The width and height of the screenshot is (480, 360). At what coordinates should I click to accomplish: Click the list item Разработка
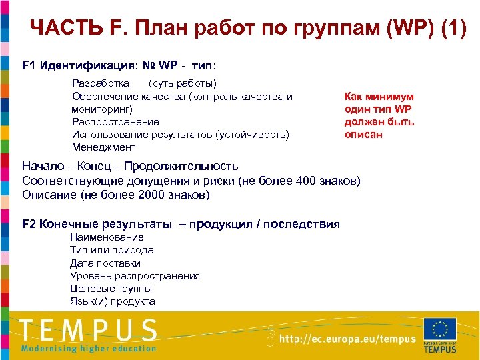pyautogui.click(x=101, y=83)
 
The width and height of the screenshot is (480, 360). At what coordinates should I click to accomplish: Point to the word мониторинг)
pyautogui.click(x=102, y=109)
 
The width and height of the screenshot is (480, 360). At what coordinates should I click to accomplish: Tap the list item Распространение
pyautogui.click(x=115, y=121)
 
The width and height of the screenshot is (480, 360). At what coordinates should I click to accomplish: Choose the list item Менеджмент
pyautogui.click(x=103, y=147)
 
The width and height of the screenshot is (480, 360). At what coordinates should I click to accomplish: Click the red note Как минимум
pyautogui.click(x=379, y=97)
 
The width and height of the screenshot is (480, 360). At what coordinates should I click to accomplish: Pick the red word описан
pyautogui.click(x=363, y=134)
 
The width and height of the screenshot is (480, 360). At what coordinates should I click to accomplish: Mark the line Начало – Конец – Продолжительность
pyautogui.click(x=130, y=167)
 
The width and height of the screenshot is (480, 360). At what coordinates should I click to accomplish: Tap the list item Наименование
pyautogui.click(x=107, y=237)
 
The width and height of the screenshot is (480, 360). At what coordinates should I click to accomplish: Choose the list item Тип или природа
pyautogui.click(x=111, y=250)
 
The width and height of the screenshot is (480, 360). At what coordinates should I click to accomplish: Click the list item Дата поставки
pyautogui.click(x=105, y=263)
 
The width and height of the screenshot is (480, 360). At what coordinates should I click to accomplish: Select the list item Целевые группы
pyautogui.click(x=111, y=288)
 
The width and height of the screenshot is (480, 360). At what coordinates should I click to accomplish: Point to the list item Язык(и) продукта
pyautogui.click(x=112, y=301)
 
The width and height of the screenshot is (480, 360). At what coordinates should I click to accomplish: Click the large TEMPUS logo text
pyautogui.click(x=88, y=331)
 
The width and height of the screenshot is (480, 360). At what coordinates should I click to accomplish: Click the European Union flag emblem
pyautogui.click(x=439, y=329)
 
